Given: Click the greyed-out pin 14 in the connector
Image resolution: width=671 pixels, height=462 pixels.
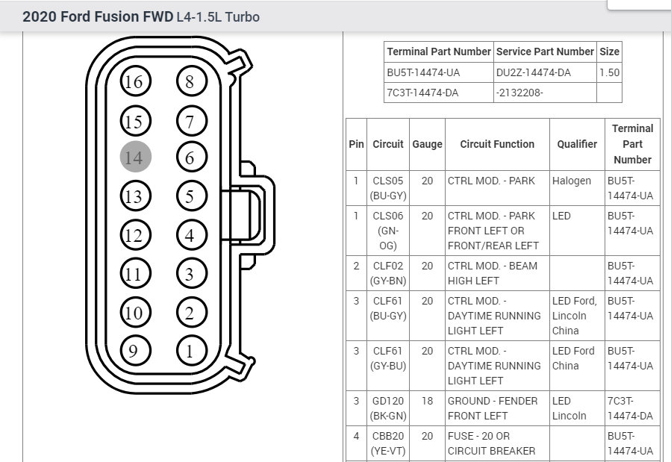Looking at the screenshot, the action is (135, 157).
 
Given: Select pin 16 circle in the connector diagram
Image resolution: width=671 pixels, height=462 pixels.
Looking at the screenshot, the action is (135, 81).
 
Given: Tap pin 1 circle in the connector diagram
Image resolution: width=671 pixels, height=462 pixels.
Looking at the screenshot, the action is (190, 350).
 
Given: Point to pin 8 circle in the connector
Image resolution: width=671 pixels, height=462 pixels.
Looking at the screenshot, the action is (190, 81).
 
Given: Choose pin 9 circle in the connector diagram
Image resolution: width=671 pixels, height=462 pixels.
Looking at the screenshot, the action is (135, 350).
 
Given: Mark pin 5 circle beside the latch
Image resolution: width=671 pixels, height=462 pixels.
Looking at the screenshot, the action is (190, 197).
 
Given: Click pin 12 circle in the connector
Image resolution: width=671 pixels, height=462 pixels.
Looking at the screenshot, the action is (135, 236).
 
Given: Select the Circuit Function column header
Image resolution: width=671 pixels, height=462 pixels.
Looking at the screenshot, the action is (497, 144).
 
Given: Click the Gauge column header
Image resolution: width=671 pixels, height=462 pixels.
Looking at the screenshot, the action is (427, 144).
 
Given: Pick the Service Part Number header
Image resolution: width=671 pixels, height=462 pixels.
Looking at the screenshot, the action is (545, 51).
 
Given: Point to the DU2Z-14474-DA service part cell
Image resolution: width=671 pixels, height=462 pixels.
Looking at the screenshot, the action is (534, 72).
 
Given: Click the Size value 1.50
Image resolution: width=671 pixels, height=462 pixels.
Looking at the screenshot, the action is (609, 72).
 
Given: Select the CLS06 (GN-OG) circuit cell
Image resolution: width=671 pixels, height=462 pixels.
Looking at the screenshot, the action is (388, 231).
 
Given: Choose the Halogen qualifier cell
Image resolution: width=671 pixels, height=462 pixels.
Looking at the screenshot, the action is (572, 181).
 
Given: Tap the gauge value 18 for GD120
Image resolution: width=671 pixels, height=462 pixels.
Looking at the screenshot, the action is (427, 401).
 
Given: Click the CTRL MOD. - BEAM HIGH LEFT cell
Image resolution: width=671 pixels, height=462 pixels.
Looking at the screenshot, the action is (493, 273).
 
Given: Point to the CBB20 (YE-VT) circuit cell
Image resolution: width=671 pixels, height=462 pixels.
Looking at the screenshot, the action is (388, 443).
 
